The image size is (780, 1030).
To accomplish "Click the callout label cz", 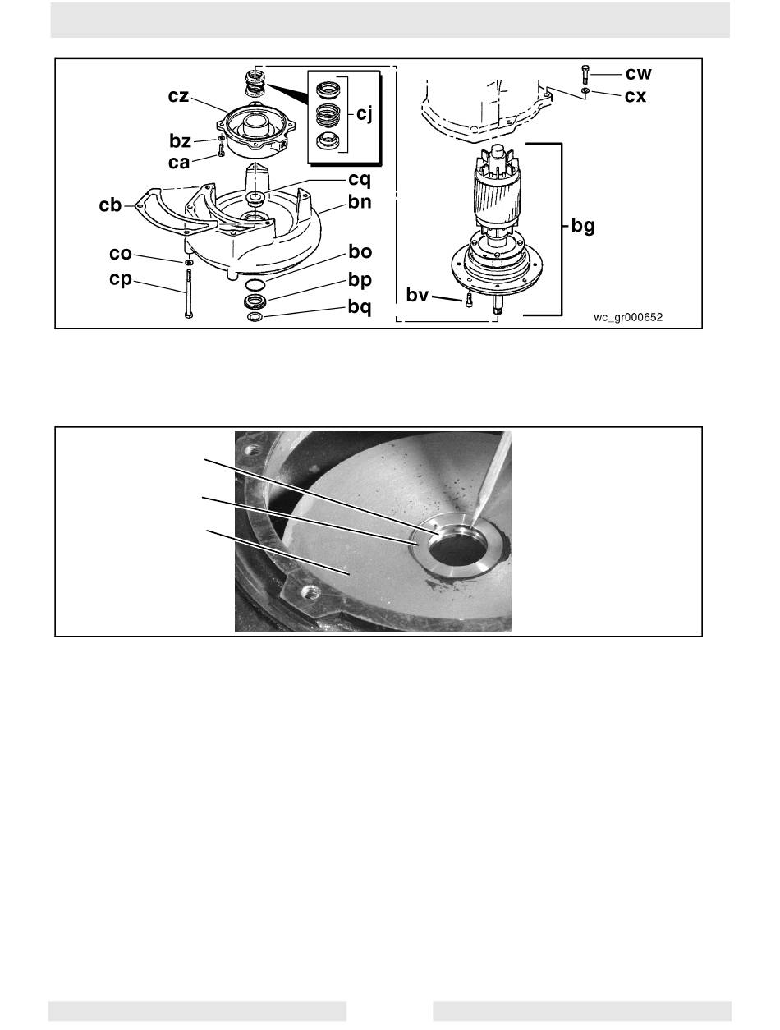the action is [179, 96].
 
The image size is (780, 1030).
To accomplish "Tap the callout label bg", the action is [583, 226].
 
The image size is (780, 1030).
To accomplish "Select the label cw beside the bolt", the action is [639, 74].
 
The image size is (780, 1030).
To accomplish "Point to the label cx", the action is [635, 96].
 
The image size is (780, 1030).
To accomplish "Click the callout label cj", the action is [365, 113].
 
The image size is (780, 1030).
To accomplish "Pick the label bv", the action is [417, 295].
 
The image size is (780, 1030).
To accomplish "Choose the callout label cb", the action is [110, 205].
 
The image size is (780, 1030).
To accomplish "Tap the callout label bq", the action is [360, 307].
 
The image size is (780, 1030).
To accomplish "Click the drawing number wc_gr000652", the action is [628, 318].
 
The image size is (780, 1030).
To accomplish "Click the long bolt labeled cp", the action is [189, 294].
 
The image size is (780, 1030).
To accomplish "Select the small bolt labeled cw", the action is [585, 75].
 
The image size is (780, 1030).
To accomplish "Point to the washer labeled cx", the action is [585, 90].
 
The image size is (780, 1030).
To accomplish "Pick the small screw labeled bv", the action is [469, 299].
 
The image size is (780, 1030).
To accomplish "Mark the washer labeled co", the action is [189, 262].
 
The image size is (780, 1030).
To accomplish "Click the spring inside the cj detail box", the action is [328, 115].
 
